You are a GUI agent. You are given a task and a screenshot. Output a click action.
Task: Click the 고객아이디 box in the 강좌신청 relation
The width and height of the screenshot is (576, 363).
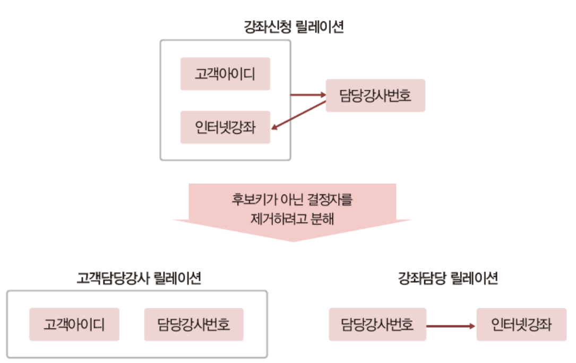(225, 74)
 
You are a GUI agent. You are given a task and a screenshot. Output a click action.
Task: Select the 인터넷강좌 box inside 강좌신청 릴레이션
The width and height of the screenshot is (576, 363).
(225, 128)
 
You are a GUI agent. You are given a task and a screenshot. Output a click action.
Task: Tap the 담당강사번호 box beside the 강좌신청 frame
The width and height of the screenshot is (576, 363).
(375, 96)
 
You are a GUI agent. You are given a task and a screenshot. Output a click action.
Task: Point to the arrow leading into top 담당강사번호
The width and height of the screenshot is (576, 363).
(308, 95)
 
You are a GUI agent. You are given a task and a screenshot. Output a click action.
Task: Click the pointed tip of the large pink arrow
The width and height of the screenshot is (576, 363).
(293, 240)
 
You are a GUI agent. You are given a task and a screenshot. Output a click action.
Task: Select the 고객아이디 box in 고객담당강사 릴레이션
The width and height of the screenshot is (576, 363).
(74, 324)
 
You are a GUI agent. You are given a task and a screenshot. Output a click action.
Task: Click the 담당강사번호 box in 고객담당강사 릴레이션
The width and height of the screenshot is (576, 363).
(194, 324)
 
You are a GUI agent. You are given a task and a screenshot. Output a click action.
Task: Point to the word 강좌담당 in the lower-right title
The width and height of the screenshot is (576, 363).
(422, 278)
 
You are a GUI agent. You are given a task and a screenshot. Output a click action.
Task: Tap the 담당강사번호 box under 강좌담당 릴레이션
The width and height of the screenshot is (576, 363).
(377, 324)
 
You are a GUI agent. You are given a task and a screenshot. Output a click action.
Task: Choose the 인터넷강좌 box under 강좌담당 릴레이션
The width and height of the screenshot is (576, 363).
(522, 324)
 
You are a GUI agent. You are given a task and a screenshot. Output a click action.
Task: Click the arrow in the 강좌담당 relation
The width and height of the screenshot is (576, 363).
(451, 325)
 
